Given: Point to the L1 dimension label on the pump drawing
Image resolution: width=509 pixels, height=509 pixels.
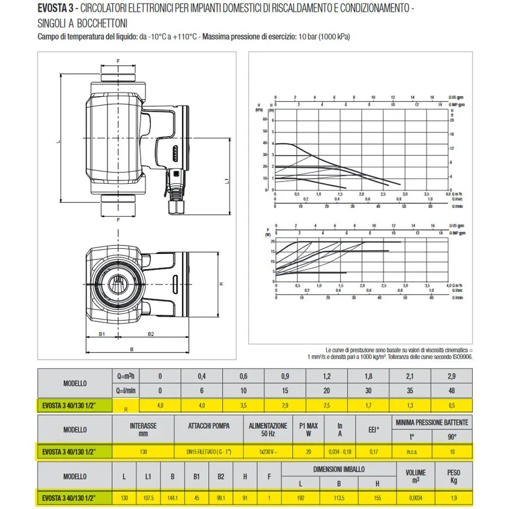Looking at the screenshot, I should pyautogui.click(x=226, y=182).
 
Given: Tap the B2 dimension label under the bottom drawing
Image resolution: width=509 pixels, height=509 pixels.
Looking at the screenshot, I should pyautogui.click(x=151, y=334).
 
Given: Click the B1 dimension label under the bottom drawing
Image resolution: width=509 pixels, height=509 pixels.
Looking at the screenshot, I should pyautogui.click(x=102, y=334).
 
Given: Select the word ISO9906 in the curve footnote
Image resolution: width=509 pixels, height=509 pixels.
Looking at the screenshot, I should pyautogui.click(x=460, y=357).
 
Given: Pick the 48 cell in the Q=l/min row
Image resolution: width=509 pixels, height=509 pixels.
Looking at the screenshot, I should pyautogui.click(x=451, y=390).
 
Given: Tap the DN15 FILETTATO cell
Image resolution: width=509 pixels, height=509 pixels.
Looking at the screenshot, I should pyautogui.click(x=207, y=451).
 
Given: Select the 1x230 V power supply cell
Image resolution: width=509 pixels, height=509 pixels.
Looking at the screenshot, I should pyautogui.click(x=268, y=451).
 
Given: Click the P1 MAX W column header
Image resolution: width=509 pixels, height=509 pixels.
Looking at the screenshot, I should pyautogui.click(x=308, y=429).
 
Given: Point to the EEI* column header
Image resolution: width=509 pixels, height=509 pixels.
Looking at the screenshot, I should pyautogui.click(x=374, y=429).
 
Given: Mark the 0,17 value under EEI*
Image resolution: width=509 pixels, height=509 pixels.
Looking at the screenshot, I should pyautogui.click(x=374, y=451).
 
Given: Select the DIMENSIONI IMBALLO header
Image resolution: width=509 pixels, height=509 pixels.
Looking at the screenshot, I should pyautogui.click(x=339, y=469).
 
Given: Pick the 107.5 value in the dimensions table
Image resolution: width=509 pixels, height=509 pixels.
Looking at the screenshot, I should pyautogui.click(x=148, y=498).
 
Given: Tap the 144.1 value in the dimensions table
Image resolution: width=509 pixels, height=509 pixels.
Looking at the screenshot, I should pyautogui.click(x=172, y=498).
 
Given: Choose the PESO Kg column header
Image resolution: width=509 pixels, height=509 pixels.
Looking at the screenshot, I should pyautogui.click(x=453, y=476).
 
